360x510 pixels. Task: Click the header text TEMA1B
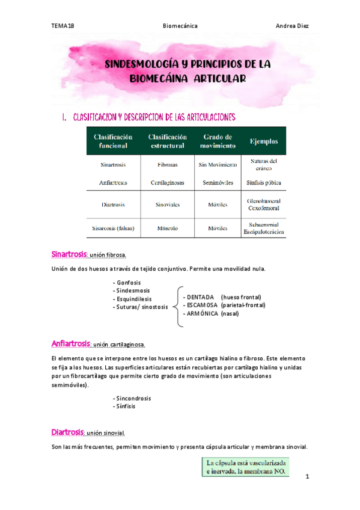point(63,26)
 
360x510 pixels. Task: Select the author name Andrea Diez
point(292,26)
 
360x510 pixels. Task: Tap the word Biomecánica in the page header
point(181,26)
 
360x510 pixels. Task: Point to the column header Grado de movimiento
point(218,141)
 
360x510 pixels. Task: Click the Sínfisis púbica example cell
point(263,182)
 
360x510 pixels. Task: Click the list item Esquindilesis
point(132,298)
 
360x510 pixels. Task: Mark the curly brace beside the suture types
point(178,306)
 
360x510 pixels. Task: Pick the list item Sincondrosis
point(132,398)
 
